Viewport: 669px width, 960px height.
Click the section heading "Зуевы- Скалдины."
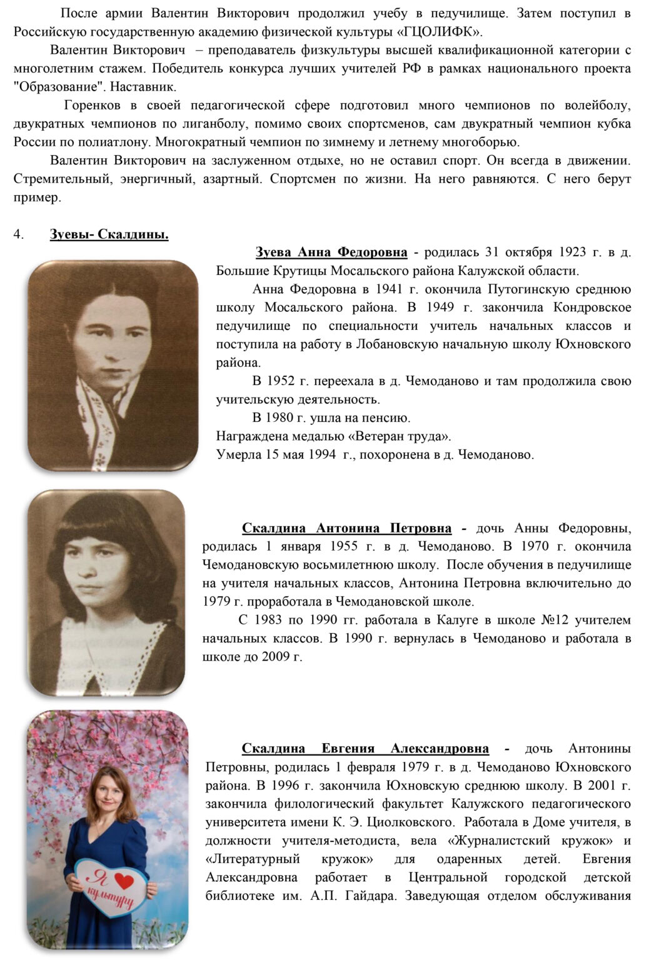[x=109, y=235]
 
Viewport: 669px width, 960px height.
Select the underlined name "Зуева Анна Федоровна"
[x=331, y=252]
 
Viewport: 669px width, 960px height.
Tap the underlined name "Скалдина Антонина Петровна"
[x=346, y=528]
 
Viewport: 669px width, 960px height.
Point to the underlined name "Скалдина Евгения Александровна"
[x=365, y=748]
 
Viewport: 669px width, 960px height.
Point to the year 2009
[x=276, y=657]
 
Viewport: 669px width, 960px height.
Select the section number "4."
[x=19, y=235]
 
